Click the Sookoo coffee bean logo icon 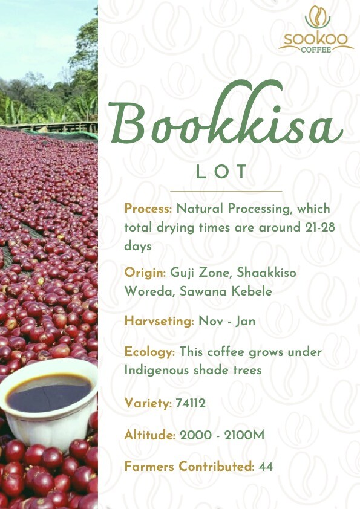(x=318, y=17)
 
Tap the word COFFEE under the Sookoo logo (x=316, y=50)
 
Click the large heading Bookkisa (x=226, y=116)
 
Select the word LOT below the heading (x=221, y=172)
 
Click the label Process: (x=148, y=209)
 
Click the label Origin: (x=145, y=273)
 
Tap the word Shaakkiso (x=266, y=272)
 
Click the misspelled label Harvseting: (x=159, y=322)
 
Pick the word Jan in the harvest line (x=245, y=322)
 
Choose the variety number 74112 (x=191, y=403)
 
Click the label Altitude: (x=150, y=435)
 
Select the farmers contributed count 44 (x=266, y=467)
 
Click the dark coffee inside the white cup (x=49, y=395)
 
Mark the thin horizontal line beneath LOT (x=226, y=192)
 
